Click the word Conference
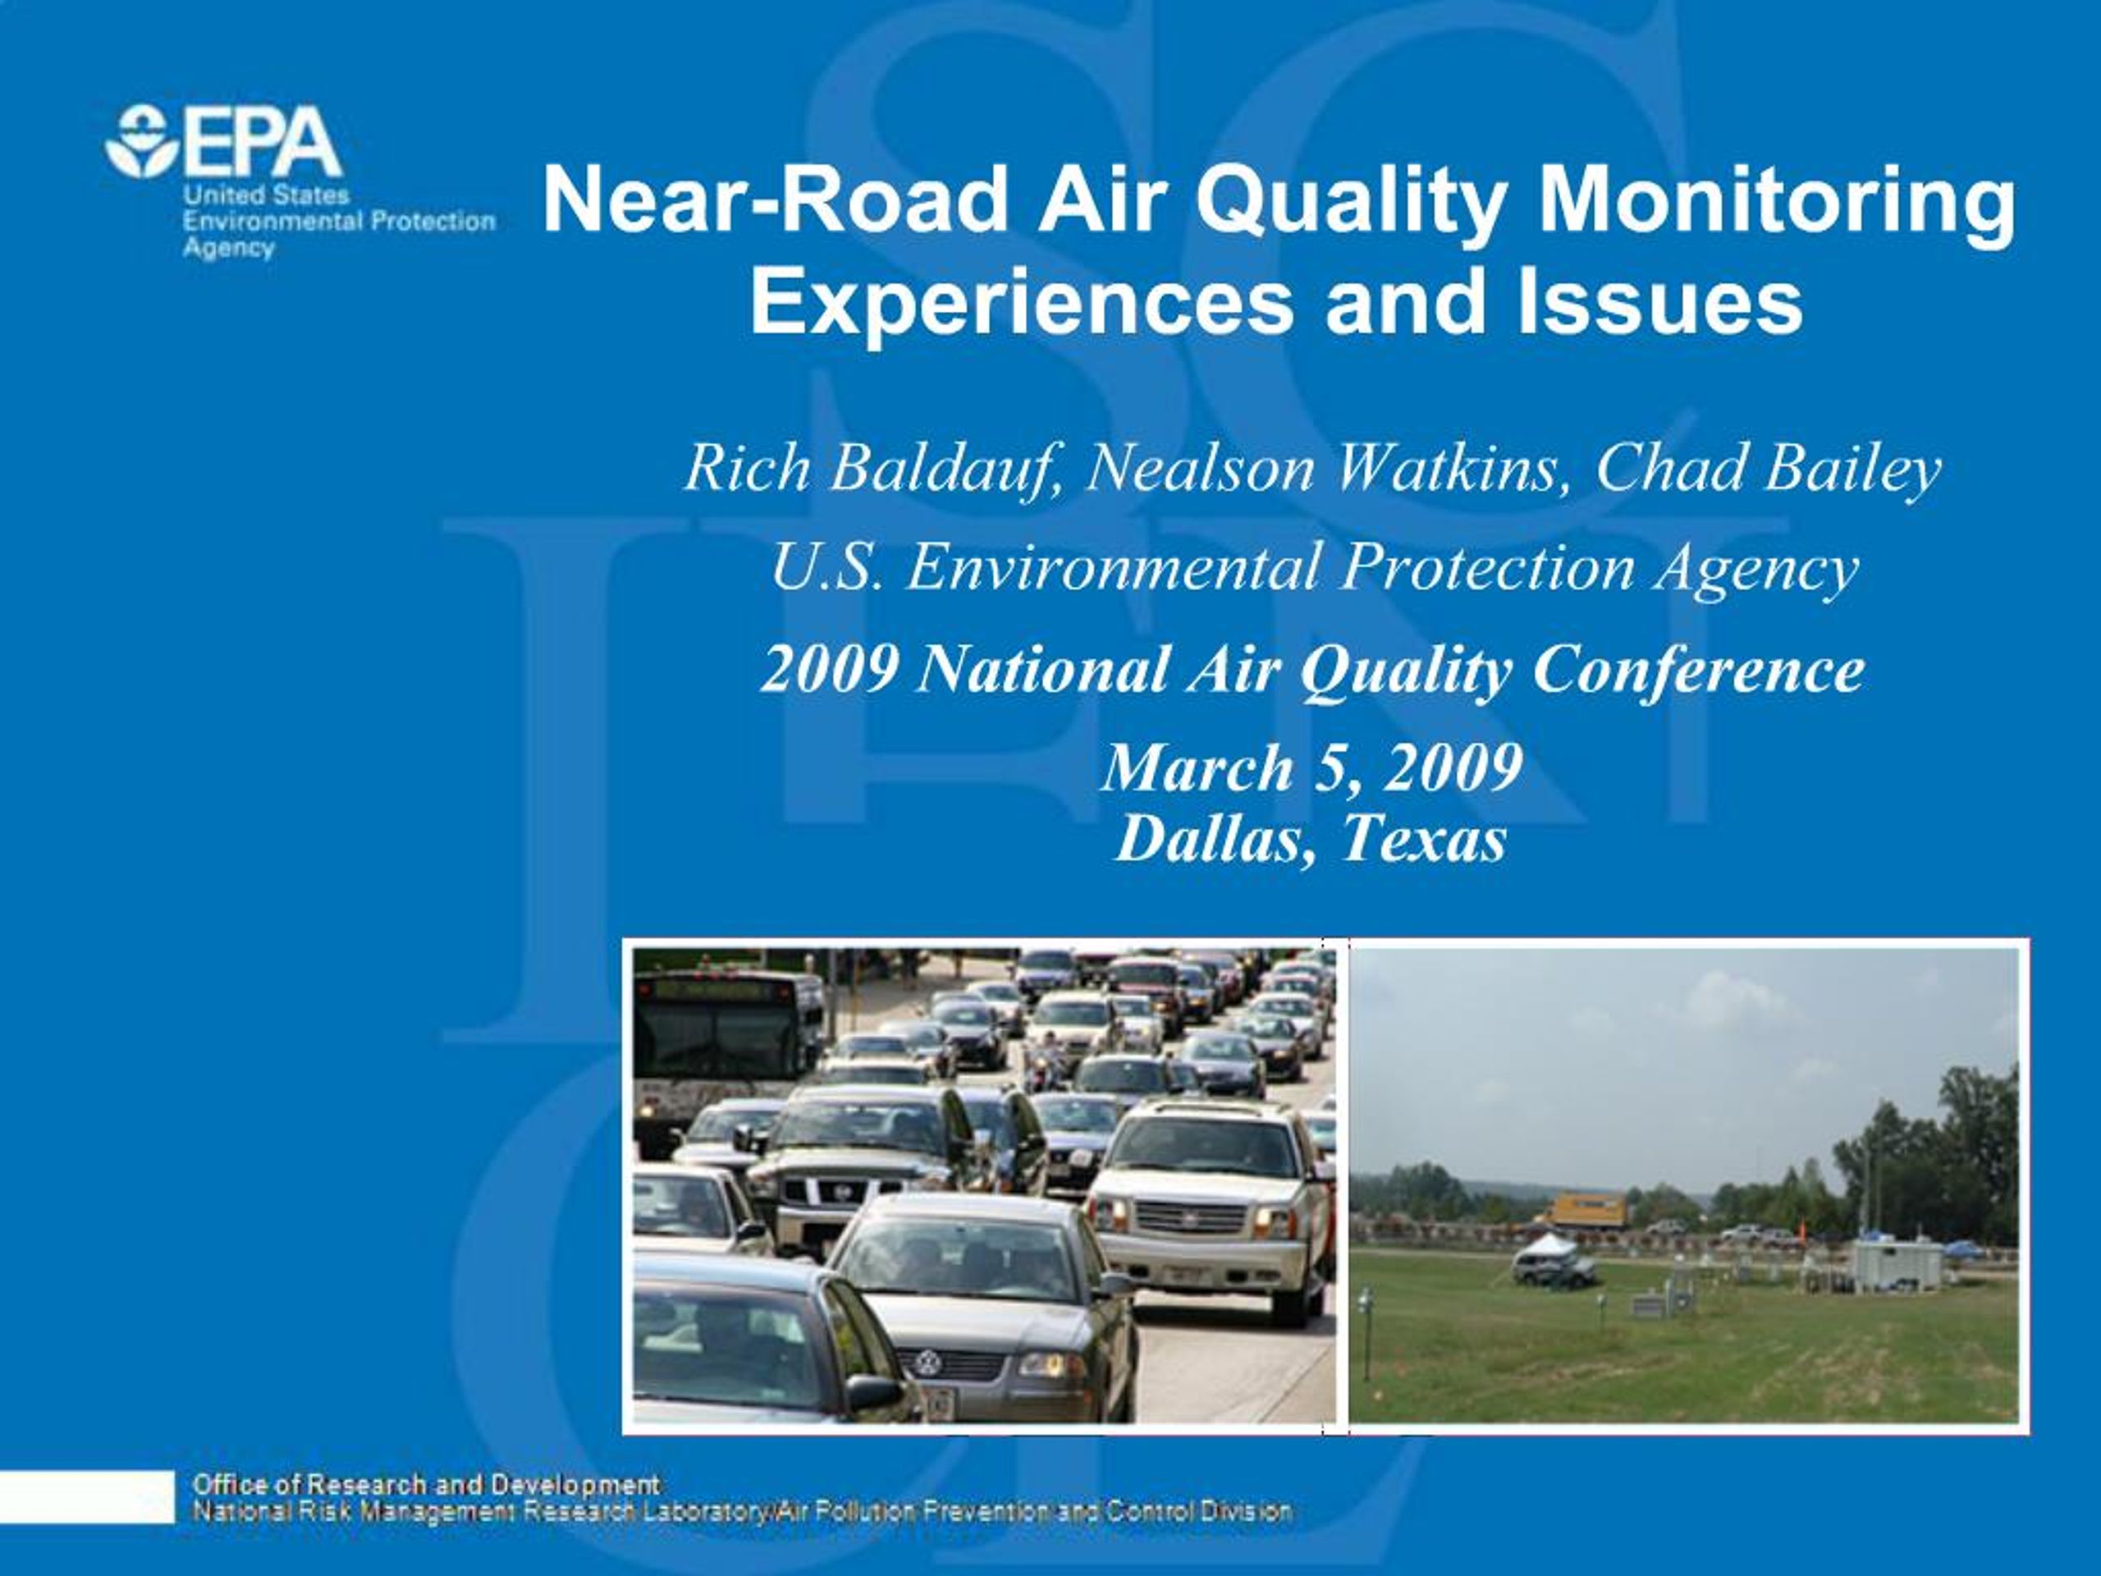tap(1698, 669)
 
